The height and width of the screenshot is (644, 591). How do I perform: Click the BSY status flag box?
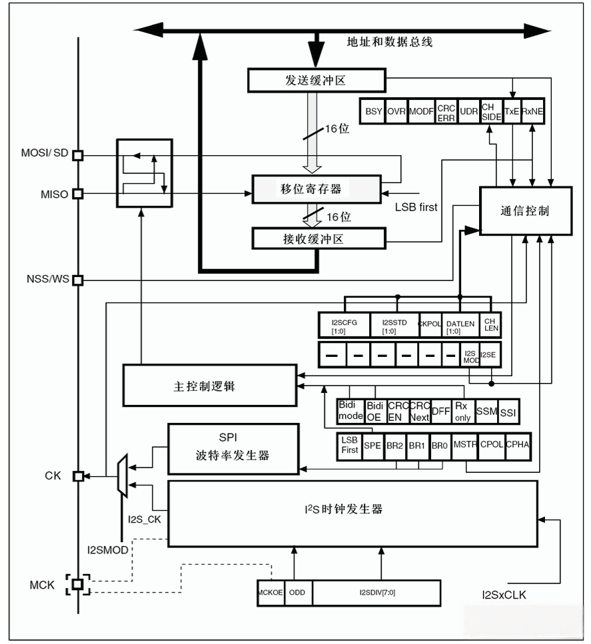coord(374,111)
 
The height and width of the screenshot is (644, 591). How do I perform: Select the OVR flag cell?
coord(396,111)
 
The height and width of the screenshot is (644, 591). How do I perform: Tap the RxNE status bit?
coord(532,111)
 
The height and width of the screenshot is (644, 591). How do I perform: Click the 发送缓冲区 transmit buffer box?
coord(316,81)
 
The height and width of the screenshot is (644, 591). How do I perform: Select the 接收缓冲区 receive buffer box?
coord(318,238)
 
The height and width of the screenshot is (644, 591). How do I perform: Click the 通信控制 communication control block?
coord(525,210)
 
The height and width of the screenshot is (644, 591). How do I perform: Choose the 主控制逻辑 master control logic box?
coord(209,385)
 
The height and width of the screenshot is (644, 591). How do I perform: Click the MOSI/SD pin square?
coord(77,155)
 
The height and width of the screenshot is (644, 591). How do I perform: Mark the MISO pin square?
coord(77,194)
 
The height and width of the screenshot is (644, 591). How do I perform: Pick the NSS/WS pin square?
coord(77,280)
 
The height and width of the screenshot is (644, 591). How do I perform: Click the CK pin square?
coord(77,476)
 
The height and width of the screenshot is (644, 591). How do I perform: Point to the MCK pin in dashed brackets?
coord(77,584)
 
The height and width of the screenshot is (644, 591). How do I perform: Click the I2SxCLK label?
coord(504,595)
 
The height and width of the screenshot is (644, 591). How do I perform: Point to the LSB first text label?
coord(416,207)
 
